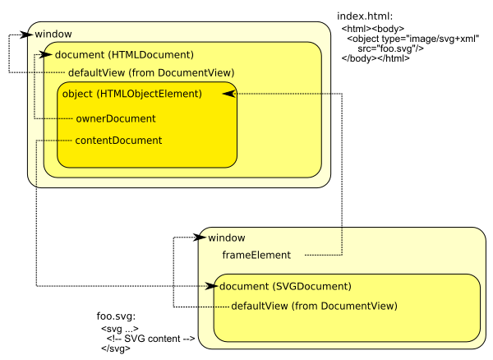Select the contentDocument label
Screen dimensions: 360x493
(x=118, y=140)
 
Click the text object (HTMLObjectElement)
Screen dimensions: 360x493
(x=131, y=94)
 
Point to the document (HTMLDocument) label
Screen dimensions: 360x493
(x=123, y=55)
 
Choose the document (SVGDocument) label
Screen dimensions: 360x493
(x=285, y=286)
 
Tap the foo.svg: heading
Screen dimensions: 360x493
(x=116, y=316)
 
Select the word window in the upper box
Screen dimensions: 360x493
(x=53, y=34)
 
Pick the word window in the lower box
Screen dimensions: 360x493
(x=226, y=238)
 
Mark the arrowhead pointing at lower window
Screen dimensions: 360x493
(x=198, y=238)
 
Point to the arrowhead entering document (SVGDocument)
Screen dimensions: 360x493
(x=211, y=286)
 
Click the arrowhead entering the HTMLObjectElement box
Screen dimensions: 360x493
(x=228, y=94)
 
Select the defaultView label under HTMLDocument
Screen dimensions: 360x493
(x=150, y=73)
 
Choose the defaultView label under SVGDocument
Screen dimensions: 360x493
(x=314, y=306)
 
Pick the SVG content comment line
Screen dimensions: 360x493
(x=150, y=338)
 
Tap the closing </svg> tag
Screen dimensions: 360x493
(x=116, y=348)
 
